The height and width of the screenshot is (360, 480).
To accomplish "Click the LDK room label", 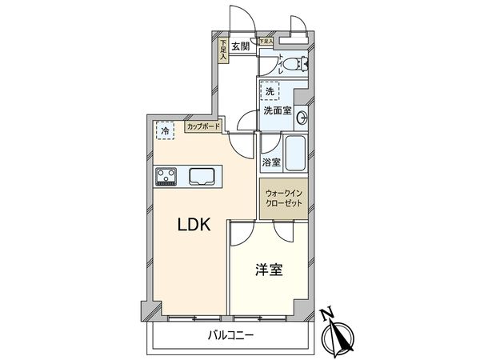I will point(193,226).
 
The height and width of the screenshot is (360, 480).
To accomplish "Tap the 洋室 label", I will point(269,270).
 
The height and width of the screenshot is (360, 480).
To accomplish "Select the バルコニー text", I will point(232,335).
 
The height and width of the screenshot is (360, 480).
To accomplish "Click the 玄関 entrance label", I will point(241,46).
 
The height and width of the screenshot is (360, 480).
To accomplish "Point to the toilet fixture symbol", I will point(295,64).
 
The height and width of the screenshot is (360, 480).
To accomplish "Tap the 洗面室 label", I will point(276,110).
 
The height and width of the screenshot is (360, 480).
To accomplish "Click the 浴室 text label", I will point(272,162).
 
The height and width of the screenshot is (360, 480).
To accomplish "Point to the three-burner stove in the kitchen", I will point(167,175).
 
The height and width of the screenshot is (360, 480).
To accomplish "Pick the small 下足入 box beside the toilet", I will point(266,40).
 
